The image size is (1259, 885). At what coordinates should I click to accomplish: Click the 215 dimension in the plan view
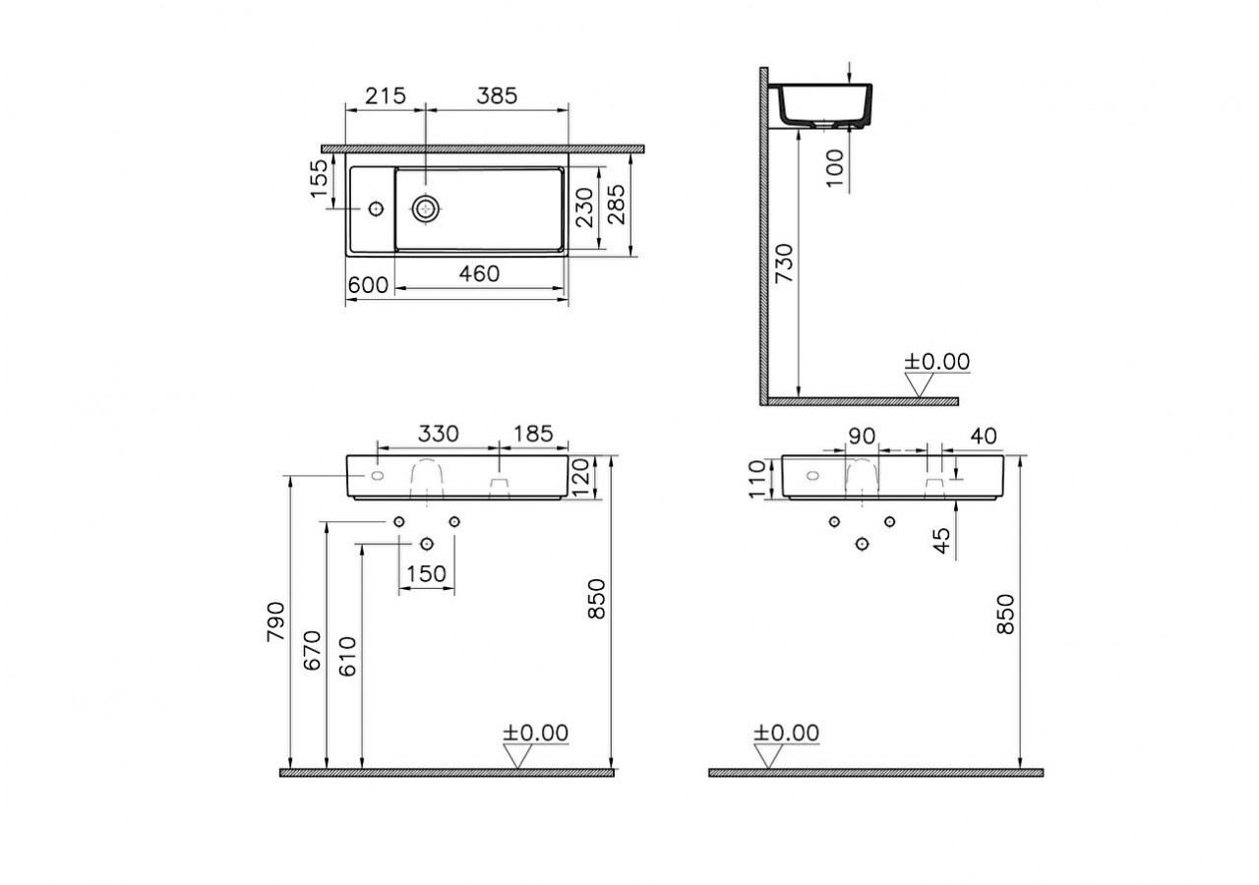386,95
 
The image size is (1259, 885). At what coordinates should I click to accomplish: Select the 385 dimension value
497,95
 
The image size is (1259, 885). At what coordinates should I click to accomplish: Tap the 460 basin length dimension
480,274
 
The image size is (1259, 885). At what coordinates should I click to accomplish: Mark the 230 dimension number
585,208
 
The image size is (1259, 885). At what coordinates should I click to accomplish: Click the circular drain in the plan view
427,207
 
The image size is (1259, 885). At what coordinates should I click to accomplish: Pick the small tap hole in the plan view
375,208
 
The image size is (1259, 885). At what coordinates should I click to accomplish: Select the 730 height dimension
784,265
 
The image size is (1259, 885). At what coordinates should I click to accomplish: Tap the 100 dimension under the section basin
835,168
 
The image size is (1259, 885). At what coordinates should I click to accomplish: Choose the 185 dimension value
532,434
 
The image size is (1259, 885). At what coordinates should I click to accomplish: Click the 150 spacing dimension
426,573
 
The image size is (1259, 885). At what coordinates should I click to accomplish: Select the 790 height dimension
276,620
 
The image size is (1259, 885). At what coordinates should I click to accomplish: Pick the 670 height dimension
314,650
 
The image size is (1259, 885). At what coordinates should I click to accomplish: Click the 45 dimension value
941,540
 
